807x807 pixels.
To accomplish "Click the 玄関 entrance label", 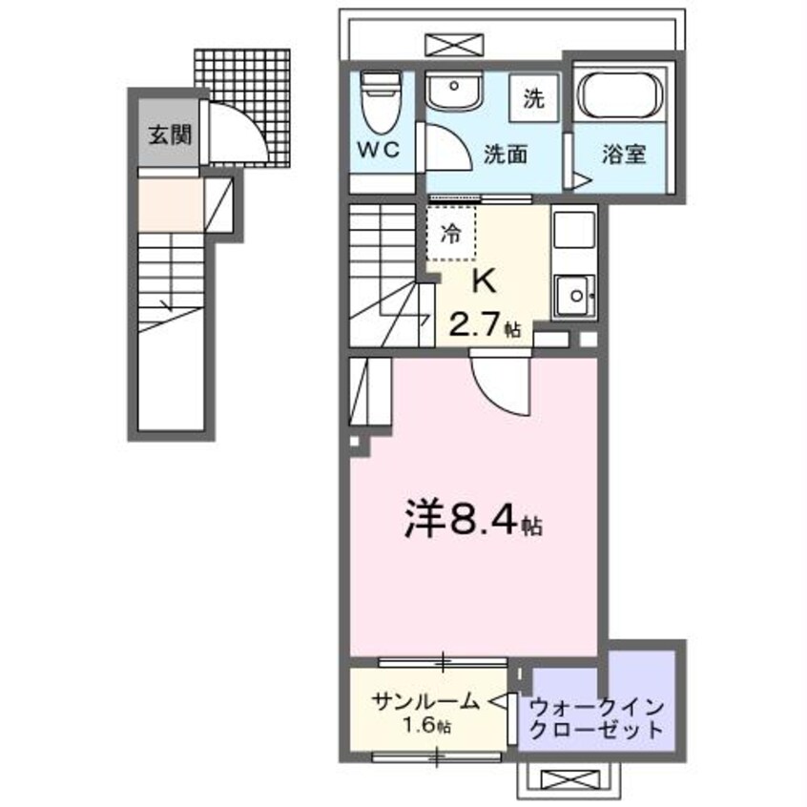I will (169, 134).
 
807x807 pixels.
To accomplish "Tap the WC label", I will (383, 151).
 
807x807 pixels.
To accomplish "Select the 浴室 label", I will (625, 155).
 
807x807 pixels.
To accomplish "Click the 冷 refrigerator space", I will (450, 232).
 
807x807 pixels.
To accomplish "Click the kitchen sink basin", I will (572, 294).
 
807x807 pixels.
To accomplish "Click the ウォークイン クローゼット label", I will (596, 719).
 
